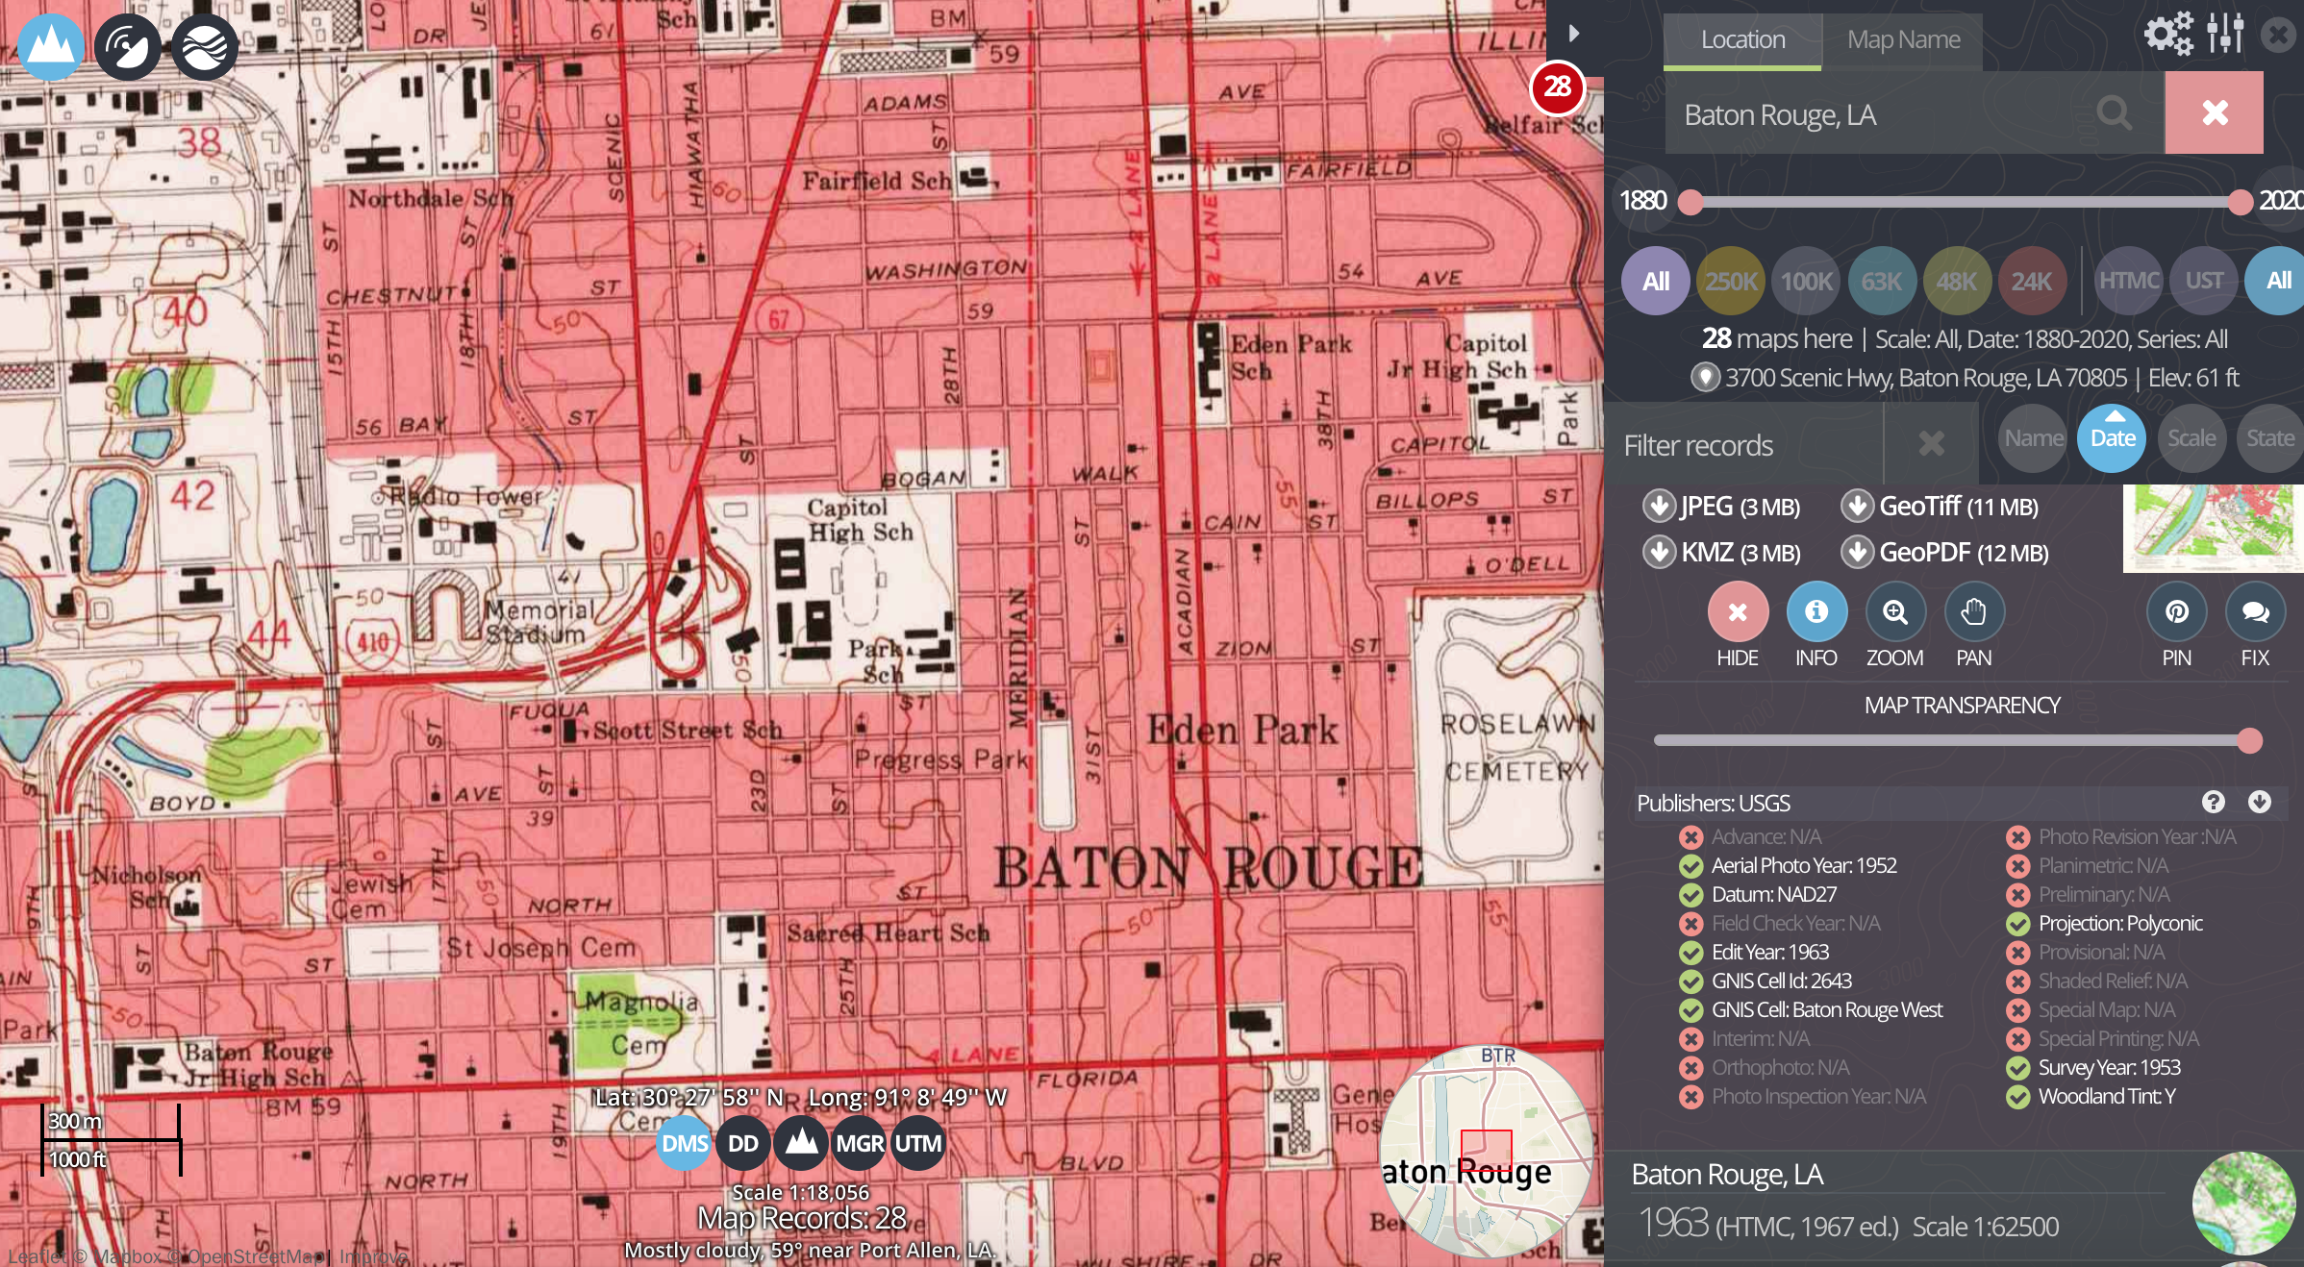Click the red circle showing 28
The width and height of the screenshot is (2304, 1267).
point(1557,87)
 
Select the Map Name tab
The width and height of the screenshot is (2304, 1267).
point(1903,39)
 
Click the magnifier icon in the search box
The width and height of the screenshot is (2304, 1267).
point(2114,113)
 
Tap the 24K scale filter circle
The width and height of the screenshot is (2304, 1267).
point(2031,281)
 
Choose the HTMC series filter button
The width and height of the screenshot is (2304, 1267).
point(2128,281)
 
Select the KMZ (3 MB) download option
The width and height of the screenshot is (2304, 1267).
point(1723,552)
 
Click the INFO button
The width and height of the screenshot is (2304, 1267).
point(1816,612)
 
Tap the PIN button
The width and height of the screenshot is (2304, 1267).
point(2176,612)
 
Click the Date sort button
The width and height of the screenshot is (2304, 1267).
point(2112,438)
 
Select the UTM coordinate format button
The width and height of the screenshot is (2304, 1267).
point(917,1143)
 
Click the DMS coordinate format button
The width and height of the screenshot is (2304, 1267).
point(684,1143)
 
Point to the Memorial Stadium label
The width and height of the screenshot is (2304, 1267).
point(538,622)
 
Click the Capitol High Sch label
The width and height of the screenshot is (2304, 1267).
point(859,519)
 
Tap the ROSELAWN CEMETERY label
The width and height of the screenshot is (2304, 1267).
point(1517,747)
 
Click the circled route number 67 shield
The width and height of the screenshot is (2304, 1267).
point(777,319)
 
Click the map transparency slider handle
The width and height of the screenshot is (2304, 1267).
point(2249,740)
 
